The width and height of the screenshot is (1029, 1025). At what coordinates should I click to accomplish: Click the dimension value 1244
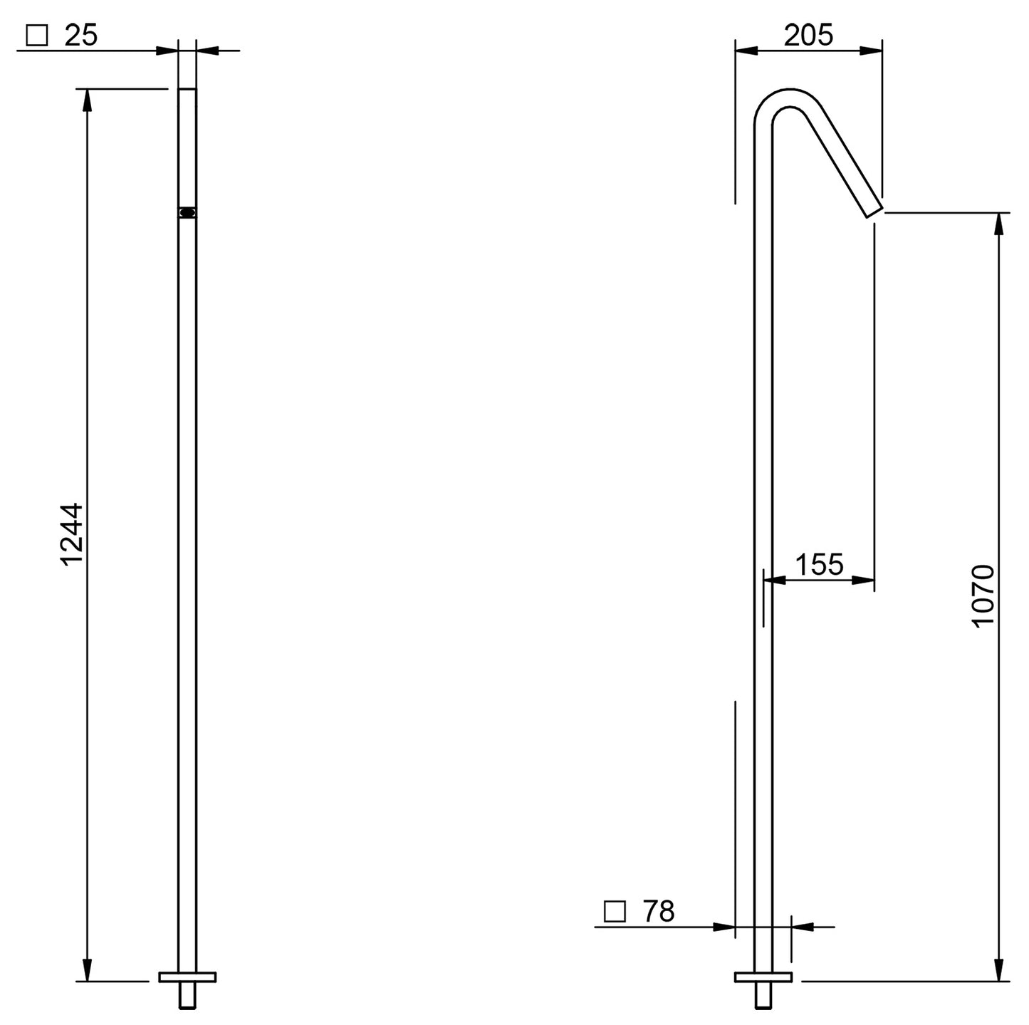click(72, 534)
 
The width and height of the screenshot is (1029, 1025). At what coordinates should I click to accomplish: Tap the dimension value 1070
click(983, 595)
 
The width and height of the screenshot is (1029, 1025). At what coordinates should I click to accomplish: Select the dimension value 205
click(808, 35)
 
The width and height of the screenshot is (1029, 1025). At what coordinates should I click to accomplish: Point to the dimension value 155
click(819, 565)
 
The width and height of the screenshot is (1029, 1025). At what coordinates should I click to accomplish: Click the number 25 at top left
click(80, 36)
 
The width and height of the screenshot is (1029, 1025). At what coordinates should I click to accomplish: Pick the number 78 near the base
click(658, 911)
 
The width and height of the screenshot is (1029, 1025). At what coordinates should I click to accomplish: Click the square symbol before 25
click(36, 36)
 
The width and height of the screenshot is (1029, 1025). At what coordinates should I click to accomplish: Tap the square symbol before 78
click(614, 912)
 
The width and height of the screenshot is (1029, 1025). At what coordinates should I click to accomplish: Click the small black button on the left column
click(187, 212)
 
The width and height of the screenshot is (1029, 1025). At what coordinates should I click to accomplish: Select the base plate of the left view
click(187, 977)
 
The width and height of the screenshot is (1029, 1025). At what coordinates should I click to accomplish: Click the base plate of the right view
click(763, 977)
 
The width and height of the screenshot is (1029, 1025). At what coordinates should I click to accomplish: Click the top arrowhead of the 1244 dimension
click(87, 99)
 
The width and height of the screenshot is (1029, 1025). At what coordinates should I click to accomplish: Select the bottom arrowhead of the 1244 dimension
click(87, 970)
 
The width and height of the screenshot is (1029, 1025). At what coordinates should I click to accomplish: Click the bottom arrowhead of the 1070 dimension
click(999, 970)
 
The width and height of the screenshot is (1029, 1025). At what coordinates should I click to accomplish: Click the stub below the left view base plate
click(187, 995)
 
